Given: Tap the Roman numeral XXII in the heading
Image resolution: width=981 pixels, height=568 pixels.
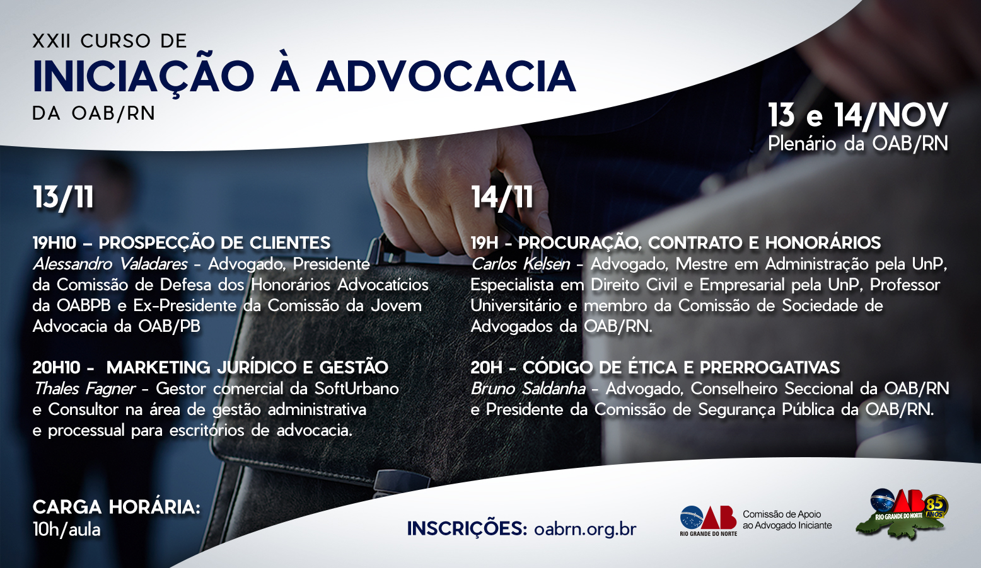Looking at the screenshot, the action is (x=51, y=41).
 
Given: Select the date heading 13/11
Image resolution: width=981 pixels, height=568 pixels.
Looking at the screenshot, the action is (x=63, y=197).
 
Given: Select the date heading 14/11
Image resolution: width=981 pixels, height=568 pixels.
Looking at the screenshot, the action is (x=502, y=197).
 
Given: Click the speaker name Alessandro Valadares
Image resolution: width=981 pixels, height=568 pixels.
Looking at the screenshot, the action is (x=110, y=264).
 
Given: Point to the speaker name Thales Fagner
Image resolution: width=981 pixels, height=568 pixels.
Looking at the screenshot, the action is (x=84, y=389).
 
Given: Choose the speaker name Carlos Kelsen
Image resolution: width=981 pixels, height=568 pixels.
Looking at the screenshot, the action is (x=521, y=264).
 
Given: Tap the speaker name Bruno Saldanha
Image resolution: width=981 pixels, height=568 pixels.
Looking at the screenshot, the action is (x=528, y=389).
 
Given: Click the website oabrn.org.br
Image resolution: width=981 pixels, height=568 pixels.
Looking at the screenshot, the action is (x=585, y=530).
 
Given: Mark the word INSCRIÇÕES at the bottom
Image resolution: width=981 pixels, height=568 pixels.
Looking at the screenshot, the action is (x=467, y=528).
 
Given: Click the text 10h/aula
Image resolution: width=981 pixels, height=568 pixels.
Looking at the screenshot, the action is (x=67, y=530).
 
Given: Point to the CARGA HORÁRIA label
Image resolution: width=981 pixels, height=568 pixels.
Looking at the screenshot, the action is (x=117, y=507).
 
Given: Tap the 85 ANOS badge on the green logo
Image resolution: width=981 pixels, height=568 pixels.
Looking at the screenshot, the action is (x=936, y=507).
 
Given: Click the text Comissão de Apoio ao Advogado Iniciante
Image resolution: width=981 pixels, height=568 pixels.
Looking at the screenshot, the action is (x=787, y=520).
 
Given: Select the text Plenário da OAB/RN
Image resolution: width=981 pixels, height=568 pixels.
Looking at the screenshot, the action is (x=858, y=144).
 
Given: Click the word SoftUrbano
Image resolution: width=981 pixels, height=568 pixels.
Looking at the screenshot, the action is (x=356, y=389).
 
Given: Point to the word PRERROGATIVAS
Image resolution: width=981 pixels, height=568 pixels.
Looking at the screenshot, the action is (x=770, y=368).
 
